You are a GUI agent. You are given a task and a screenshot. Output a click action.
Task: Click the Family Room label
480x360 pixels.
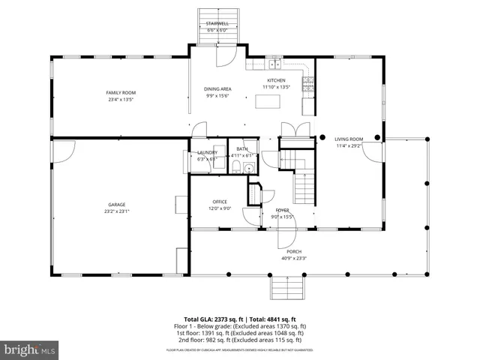(120, 92)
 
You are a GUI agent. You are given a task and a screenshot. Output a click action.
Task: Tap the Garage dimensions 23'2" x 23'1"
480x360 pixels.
(115, 211)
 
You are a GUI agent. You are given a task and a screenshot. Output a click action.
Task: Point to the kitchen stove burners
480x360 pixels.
(307, 85)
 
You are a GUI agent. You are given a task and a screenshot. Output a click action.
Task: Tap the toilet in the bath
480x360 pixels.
(247, 169)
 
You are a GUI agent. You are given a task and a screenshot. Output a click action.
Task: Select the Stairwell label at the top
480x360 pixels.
(217, 24)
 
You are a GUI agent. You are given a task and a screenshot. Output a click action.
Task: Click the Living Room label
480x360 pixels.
(348, 139)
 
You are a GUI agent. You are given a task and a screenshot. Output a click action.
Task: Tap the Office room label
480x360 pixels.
(220, 202)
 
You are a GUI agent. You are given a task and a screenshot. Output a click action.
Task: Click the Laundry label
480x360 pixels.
(207, 152)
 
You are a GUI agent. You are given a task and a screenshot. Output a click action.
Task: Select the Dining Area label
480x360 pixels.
(217, 88)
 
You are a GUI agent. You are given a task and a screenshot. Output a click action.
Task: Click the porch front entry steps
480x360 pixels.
(285, 286)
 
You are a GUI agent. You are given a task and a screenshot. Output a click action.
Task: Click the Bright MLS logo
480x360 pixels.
(30, 349)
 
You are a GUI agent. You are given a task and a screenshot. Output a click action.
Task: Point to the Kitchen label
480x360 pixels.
(276, 80)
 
